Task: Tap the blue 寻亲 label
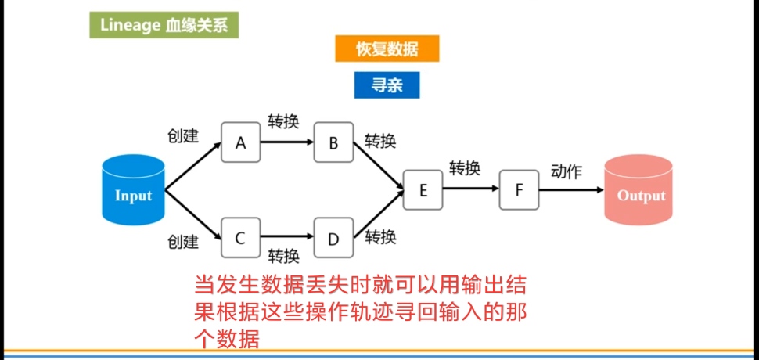pos(387,85)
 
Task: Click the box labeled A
pos(240,142)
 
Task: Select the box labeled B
pos(333,142)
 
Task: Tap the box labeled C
pos(240,237)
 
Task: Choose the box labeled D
pos(333,238)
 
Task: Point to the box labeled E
pos(423,189)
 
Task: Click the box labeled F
pos(520,189)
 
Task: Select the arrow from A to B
pos(286,142)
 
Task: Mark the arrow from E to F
pos(471,189)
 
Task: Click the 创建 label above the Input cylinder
pos(183,135)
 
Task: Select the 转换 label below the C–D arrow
pos(283,256)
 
